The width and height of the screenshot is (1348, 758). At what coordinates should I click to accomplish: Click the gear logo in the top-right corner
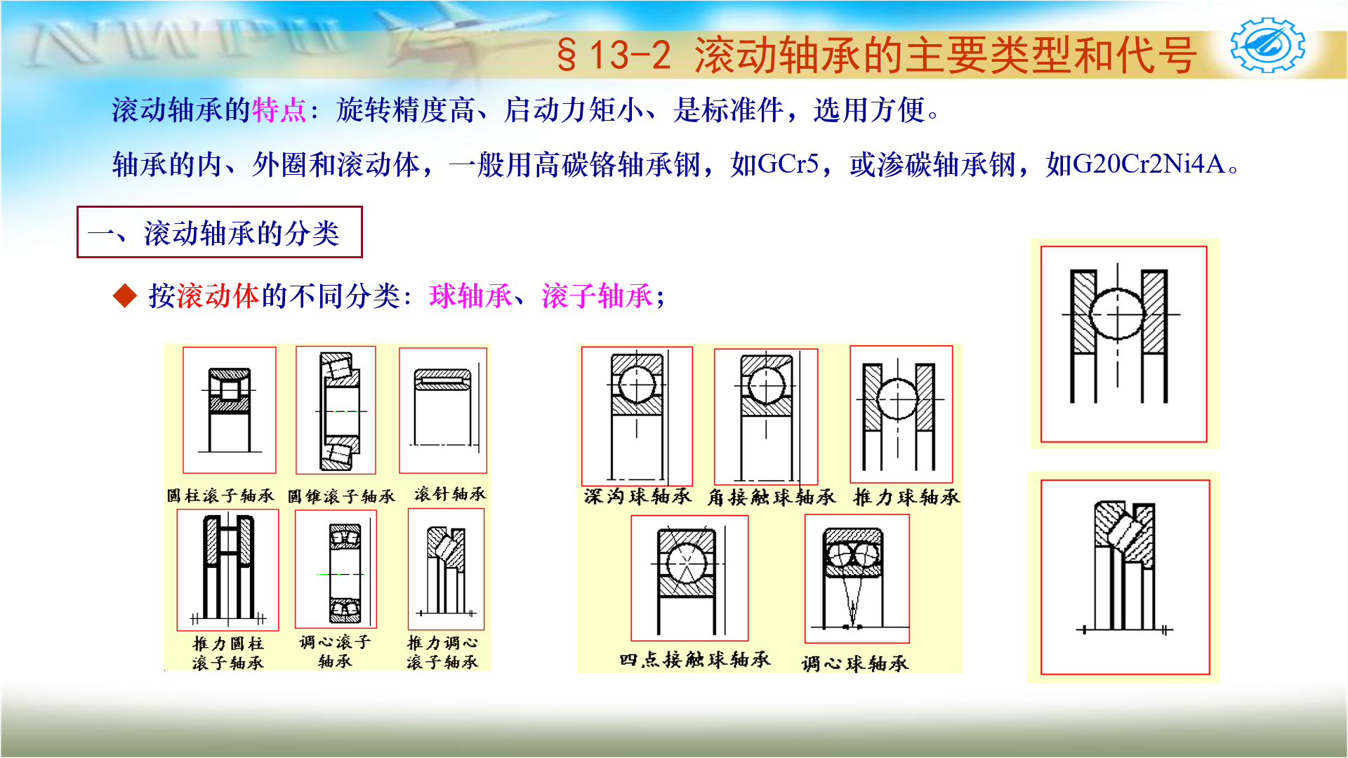pos(1267,46)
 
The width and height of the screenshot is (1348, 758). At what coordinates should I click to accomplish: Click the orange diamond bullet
pos(125,295)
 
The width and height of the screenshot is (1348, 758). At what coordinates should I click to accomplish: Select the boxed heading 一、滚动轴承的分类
pos(219,232)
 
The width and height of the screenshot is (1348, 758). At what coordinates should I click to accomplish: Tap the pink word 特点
pos(279,110)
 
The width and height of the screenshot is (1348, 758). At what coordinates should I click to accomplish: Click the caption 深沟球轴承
pos(637,497)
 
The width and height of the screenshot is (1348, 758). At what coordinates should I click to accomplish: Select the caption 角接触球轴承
pos(771,498)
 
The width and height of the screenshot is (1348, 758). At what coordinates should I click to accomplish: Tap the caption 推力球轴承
pos(906,498)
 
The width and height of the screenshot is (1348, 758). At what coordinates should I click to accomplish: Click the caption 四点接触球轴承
pos(694,660)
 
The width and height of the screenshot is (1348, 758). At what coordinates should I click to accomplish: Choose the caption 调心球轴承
pos(854,663)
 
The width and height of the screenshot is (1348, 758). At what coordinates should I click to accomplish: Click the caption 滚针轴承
pos(449,494)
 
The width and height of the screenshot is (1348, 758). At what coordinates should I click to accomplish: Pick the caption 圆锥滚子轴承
pos(341,496)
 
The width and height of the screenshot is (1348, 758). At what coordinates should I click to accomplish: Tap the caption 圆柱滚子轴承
pos(220,496)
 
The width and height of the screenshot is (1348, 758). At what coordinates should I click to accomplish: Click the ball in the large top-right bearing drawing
pos(1117,314)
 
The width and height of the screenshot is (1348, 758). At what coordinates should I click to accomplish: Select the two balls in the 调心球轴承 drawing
pos(854,555)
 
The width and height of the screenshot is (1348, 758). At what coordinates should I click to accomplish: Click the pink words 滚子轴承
pos(597,295)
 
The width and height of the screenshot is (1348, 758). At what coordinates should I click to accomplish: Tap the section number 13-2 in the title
pos(630,55)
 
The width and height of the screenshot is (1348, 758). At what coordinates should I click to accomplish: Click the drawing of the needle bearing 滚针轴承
pos(442,411)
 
